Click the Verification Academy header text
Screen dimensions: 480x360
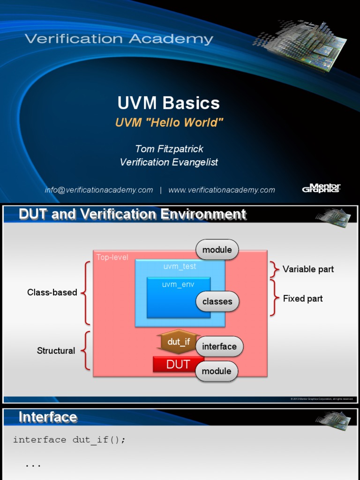[119, 39]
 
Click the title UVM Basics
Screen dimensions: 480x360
[168, 103]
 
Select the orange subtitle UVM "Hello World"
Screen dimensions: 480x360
[169, 123]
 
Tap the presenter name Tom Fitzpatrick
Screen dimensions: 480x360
[169, 149]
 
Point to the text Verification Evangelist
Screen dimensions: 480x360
[169, 162]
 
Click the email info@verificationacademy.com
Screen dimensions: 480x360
[99, 190]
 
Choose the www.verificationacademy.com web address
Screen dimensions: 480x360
[222, 190]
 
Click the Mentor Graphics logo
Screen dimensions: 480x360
[321, 188]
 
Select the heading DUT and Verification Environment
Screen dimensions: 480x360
[132, 215]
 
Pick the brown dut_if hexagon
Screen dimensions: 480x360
[178, 342]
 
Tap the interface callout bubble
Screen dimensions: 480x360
[219, 346]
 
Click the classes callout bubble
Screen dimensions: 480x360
[217, 301]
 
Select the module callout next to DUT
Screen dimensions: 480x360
[217, 371]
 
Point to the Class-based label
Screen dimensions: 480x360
[52, 292]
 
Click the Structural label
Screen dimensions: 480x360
[56, 351]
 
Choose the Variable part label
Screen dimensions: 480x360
[308, 269]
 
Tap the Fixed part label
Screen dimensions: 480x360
[303, 299]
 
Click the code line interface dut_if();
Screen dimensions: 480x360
[69, 440]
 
